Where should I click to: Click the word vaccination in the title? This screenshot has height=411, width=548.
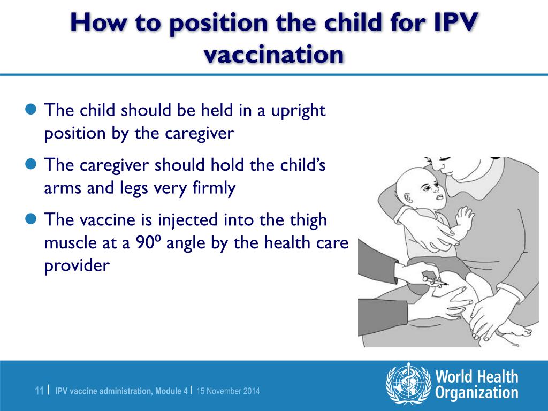274,55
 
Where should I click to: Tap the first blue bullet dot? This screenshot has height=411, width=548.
32,110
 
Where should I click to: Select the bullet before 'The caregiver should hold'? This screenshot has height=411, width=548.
32,164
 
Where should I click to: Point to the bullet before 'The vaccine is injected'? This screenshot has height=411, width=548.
32,218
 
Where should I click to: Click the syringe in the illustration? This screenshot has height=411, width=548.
434,280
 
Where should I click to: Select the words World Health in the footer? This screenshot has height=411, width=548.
476,377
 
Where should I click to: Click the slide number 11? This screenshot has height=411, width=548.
39,391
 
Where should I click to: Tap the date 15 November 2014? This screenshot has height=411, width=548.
228,391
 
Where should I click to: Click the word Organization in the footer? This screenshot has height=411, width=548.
476,393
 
